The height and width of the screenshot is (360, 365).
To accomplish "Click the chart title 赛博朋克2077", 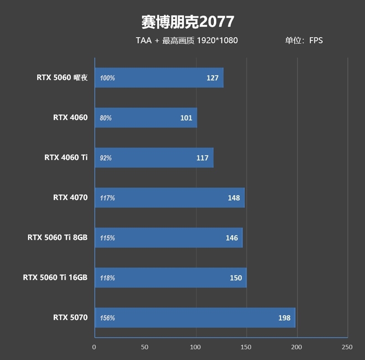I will point(187,21).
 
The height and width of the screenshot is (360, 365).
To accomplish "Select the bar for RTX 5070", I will point(195,318).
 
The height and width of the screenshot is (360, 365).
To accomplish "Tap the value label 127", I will point(213,78).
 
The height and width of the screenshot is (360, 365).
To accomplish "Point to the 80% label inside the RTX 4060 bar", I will point(106,118).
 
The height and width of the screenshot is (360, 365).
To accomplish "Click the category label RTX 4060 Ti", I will point(66,158).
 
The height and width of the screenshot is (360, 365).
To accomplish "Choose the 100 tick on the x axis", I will point(196,347).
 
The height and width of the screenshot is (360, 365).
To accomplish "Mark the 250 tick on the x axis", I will point(347,347).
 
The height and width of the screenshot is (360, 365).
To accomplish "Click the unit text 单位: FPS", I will point(304,40).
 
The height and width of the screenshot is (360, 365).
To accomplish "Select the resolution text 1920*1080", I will point(217,40).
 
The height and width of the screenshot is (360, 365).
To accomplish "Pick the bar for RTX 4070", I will point(170,198).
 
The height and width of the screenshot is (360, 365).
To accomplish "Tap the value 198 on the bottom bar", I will point(284,318).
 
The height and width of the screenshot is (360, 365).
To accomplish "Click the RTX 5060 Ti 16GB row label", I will point(55,277).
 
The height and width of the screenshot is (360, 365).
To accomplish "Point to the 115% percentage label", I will point(107,238).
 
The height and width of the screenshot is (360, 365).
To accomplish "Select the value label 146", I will point(232,238).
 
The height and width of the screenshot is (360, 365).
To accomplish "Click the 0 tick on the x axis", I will point(94,347).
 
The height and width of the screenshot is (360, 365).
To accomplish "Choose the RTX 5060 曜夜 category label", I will point(62,78).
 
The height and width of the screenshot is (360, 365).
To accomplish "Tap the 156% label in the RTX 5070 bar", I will point(107,318).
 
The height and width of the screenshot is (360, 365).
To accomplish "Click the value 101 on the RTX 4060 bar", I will point(186,118).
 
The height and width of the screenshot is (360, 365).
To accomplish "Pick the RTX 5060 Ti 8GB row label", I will point(57,238).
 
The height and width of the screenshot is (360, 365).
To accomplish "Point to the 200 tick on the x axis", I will point(297,347).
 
